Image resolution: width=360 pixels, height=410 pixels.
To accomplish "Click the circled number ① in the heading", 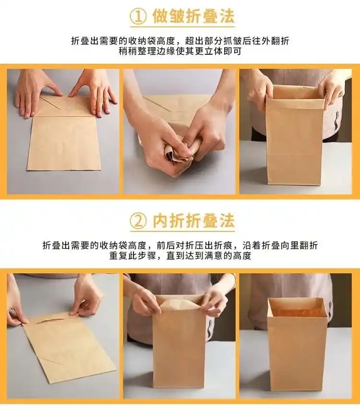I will (x=138, y=17).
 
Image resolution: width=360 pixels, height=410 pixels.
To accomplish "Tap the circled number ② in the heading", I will (x=138, y=221).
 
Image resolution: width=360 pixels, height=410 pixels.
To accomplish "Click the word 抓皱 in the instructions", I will (x=239, y=41).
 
